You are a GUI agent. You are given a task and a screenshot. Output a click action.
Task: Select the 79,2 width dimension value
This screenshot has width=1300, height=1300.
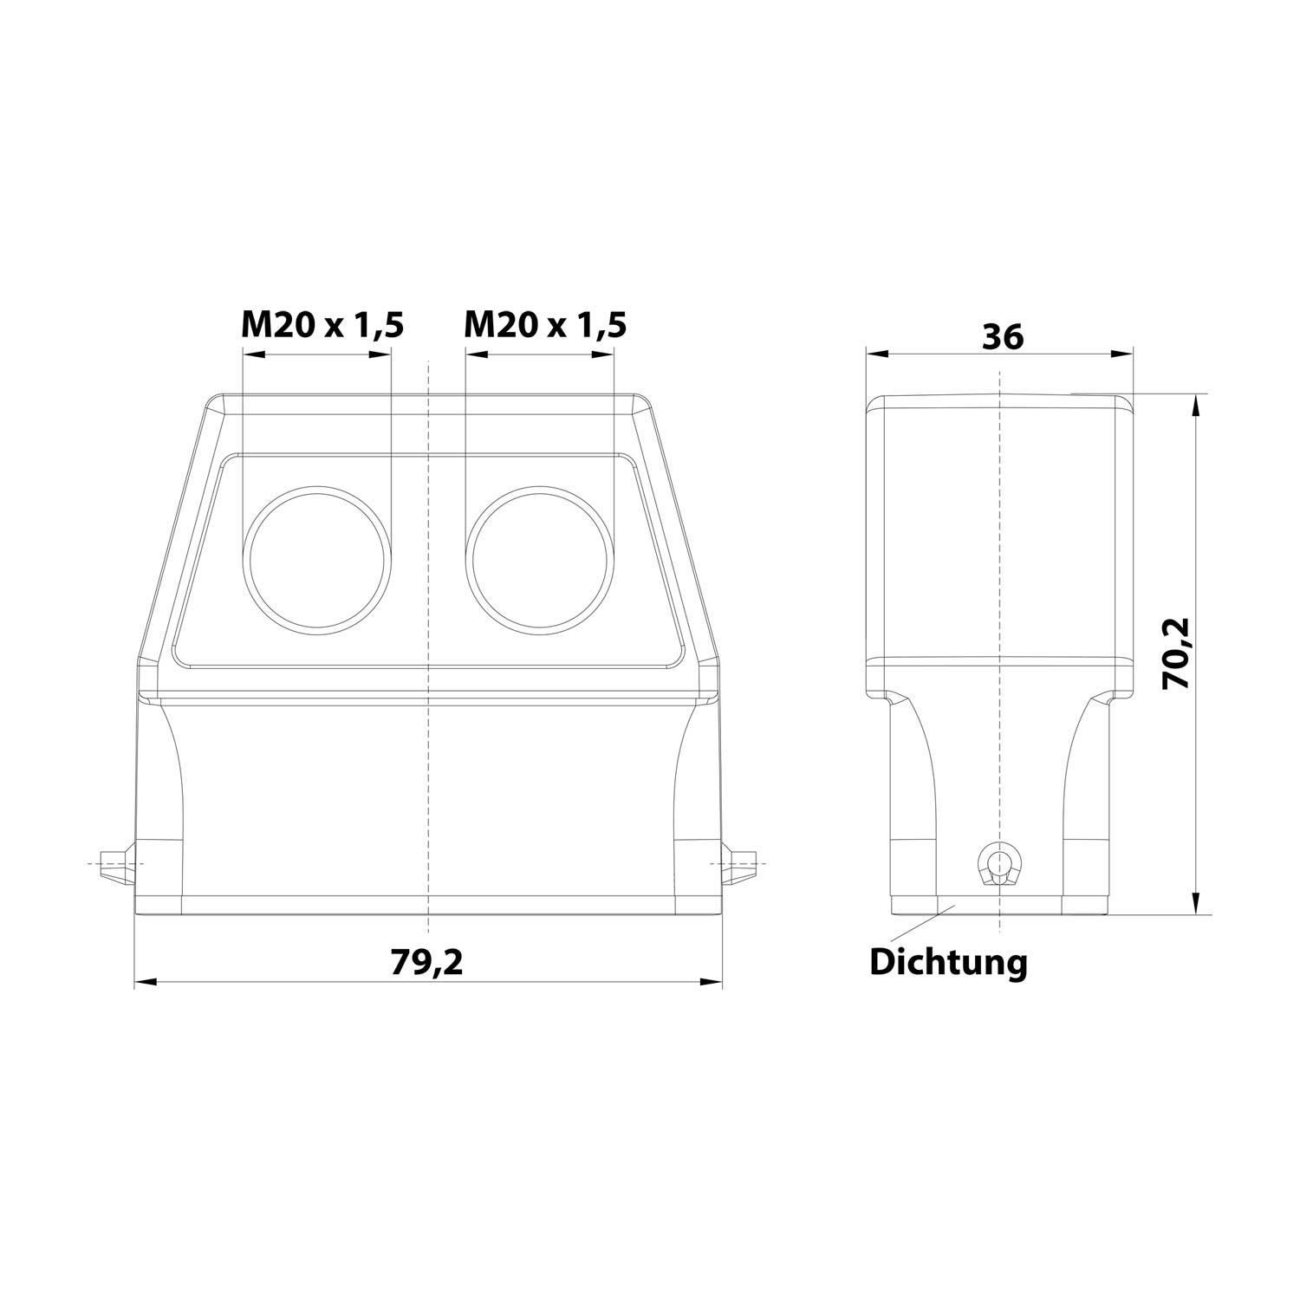426,962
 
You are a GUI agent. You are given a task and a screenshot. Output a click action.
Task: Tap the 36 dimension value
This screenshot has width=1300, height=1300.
1003,336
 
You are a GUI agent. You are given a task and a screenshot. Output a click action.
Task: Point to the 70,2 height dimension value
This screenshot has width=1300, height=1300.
1177,653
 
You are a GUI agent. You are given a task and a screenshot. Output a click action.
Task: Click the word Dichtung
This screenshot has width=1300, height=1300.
948,962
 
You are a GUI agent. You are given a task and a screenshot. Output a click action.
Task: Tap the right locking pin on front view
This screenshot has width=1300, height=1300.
742,865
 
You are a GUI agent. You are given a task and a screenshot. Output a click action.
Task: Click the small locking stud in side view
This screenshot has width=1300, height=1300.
1000,864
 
